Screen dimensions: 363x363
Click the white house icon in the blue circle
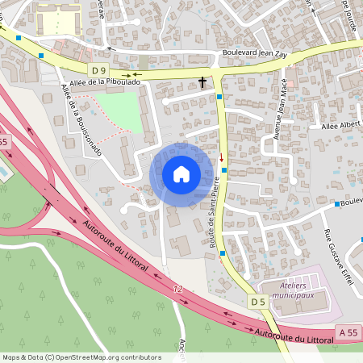click(x=181, y=174)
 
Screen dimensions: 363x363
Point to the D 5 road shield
click(x=257, y=302)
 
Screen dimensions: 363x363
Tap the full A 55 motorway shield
click(x=348, y=332)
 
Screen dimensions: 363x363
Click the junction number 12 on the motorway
click(x=177, y=288)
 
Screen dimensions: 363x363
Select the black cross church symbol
click(x=202, y=81)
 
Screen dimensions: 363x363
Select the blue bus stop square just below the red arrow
click(x=224, y=169)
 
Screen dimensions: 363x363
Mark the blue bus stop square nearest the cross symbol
click(x=220, y=97)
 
